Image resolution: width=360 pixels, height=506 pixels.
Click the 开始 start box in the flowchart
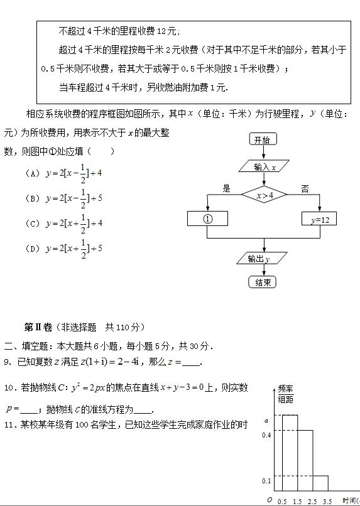point(262,139)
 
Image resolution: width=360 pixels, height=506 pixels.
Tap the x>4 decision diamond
point(265,196)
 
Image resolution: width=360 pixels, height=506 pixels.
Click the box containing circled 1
point(207,219)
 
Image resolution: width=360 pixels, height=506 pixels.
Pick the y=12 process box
point(320,220)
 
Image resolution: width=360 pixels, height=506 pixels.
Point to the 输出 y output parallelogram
point(258,259)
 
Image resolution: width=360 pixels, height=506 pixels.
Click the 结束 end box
point(262,283)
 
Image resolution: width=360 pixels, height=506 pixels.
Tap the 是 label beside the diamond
point(227,188)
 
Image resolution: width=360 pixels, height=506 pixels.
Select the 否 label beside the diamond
point(305,188)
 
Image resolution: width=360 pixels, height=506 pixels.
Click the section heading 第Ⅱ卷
point(38,327)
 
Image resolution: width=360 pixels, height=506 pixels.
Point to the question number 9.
point(7,362)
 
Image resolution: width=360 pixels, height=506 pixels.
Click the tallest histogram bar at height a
point(289,452)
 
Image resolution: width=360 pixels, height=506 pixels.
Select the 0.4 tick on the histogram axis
point(266,434)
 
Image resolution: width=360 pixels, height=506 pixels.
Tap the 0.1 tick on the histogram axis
point(266,481)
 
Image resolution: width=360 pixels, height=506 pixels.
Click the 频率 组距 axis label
point(285,394)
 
